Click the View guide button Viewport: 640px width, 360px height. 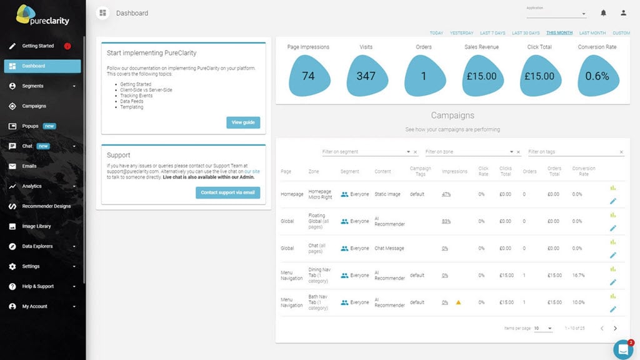coord(243,122)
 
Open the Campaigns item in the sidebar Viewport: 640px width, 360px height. coord(34,106)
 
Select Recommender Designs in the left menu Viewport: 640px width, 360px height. coord(46,206)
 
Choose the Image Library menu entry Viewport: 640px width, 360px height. coord(36,226)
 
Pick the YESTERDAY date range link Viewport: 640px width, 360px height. coord(461,33)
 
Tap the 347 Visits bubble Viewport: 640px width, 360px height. coord(366,76)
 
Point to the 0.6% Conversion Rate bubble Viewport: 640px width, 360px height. coord(597,76)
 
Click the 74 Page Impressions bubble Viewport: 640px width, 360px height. coord(308,76)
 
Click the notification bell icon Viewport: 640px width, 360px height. coord(603,13)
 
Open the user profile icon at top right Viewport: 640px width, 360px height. coord(623,13)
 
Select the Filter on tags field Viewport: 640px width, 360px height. coord(572,152)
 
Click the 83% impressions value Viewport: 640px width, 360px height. coord(446,221)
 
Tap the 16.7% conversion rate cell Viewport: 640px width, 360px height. coord(578,275)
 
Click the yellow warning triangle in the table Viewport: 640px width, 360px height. coord(458,302)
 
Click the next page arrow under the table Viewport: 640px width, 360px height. coord(615,328)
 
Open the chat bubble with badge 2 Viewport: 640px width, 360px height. coord(623,349)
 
